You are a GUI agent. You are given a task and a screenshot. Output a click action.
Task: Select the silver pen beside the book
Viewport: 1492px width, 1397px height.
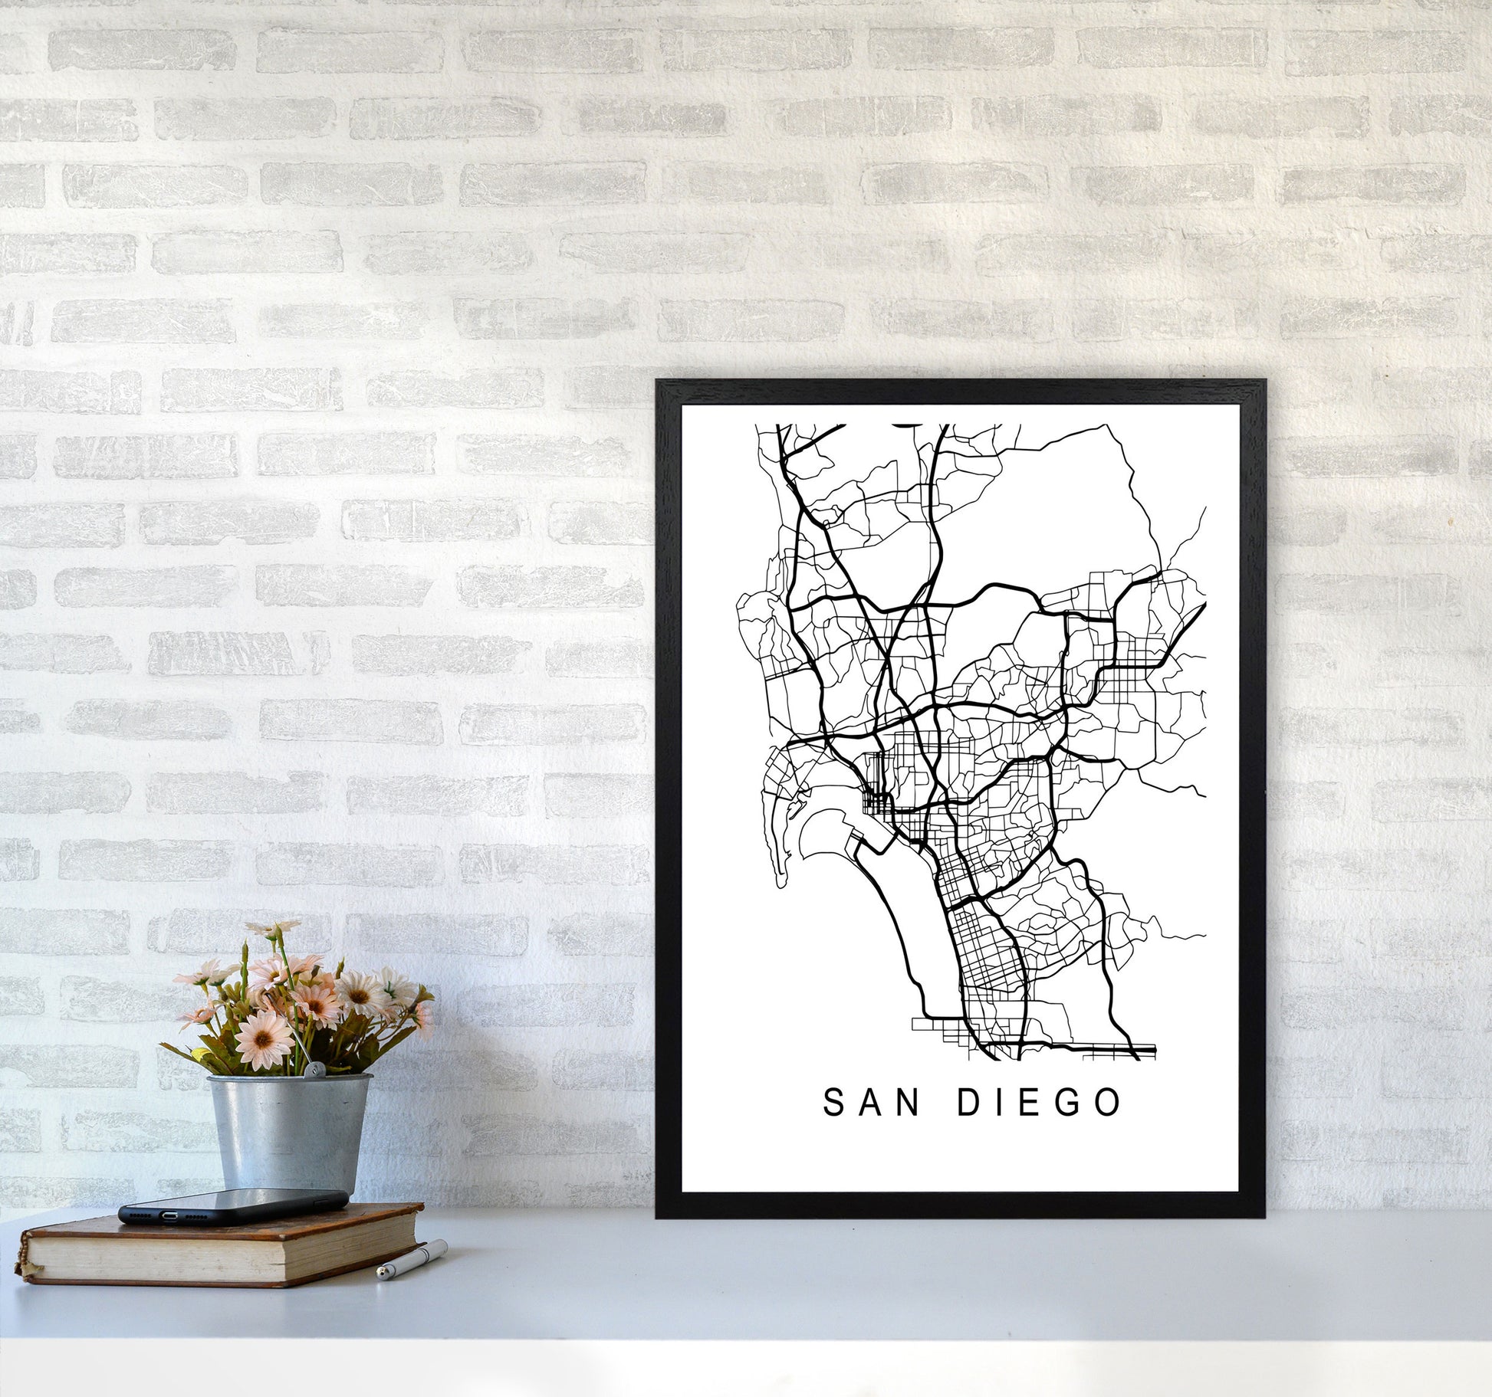tap(412, 1258)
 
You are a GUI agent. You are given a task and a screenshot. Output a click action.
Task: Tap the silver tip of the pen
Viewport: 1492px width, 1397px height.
tap(383, 1274)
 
